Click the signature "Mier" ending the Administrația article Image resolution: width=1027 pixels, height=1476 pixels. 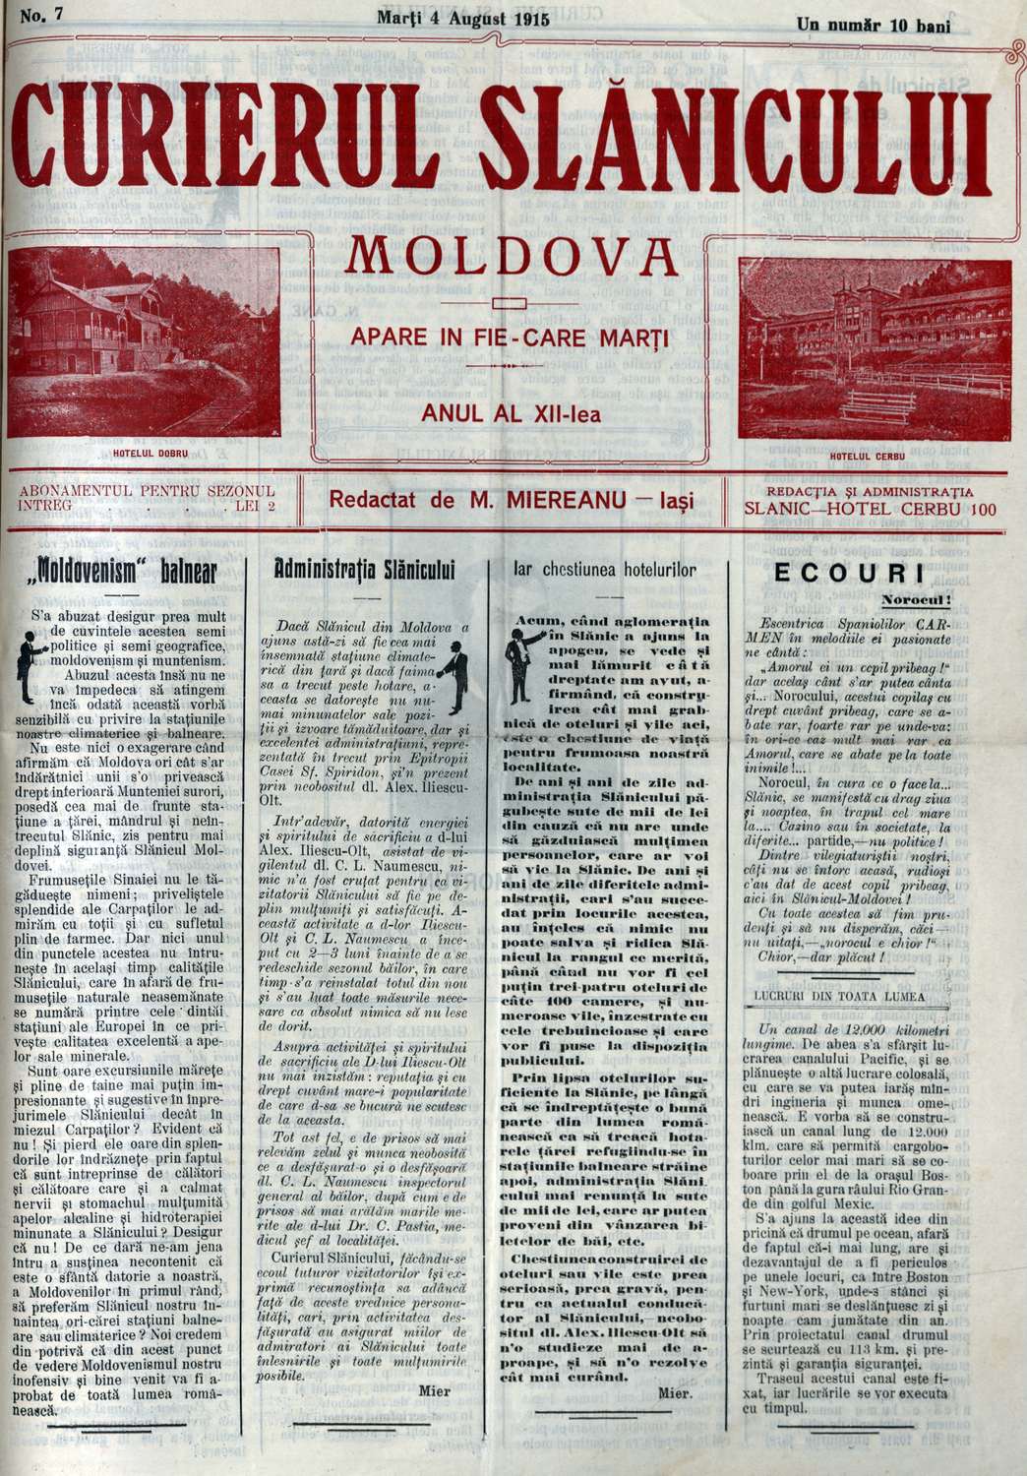click(434, 1390)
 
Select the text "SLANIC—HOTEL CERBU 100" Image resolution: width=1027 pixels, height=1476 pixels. click(872, 510)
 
